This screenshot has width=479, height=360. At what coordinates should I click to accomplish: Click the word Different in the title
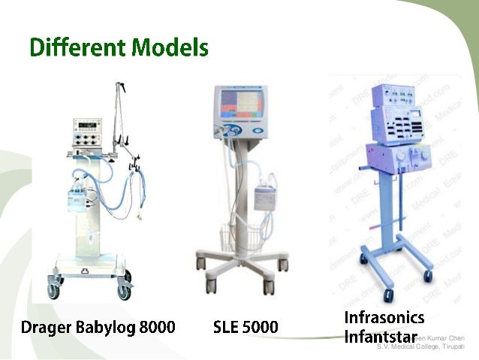coord(72,48)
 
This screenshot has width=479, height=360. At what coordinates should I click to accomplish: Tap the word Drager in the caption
coord(46,328)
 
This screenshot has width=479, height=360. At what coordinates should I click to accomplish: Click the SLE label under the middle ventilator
coord(227,328)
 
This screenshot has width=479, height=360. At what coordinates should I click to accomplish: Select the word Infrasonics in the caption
coord(384,317)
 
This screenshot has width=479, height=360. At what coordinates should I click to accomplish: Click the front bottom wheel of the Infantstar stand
coord(388,295)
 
